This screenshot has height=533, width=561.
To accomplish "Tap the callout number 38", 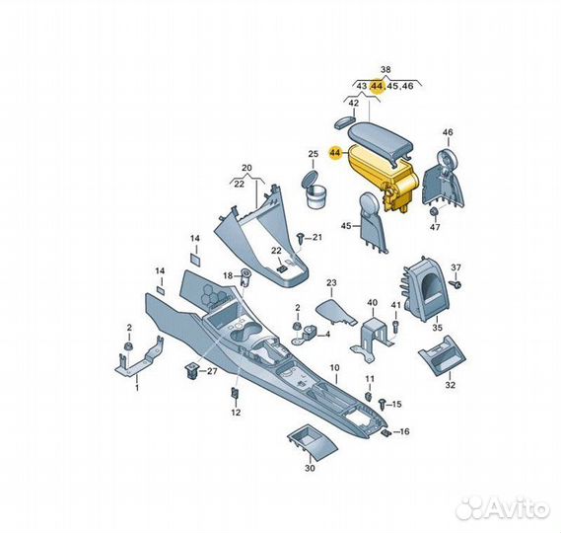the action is click(386, 69).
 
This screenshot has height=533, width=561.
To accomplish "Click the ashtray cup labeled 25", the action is click(314, 190).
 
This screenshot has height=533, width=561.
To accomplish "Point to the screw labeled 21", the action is click(301, 238).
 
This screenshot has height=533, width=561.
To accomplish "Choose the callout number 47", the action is click(435, 227).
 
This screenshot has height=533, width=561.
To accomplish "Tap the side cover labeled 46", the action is click(444, 178).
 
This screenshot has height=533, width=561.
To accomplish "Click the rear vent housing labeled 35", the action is click(424, 288).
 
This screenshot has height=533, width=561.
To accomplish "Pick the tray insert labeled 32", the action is click(443, 355).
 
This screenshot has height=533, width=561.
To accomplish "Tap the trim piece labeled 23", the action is click(335, 312).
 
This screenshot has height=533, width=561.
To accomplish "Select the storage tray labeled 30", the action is click(312, 443).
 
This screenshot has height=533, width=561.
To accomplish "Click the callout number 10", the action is click(334, 368).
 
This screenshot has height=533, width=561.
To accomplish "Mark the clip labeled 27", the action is click(191, 370).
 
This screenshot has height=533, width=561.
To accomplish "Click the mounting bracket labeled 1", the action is click(140, 355).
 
